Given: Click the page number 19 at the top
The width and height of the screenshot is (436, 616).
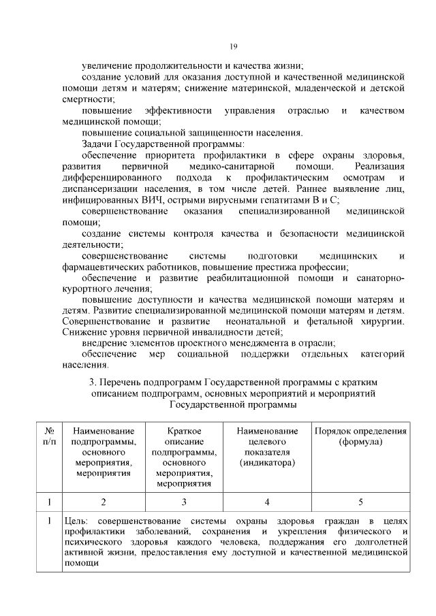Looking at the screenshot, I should [232, 46].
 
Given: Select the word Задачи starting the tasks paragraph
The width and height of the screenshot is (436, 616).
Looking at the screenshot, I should [97, 144].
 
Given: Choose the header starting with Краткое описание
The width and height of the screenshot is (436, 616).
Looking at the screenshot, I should [183, 457].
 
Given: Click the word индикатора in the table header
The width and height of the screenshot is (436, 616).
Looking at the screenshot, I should [267, 462].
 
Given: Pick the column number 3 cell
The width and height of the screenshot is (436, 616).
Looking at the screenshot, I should [183, 502].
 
